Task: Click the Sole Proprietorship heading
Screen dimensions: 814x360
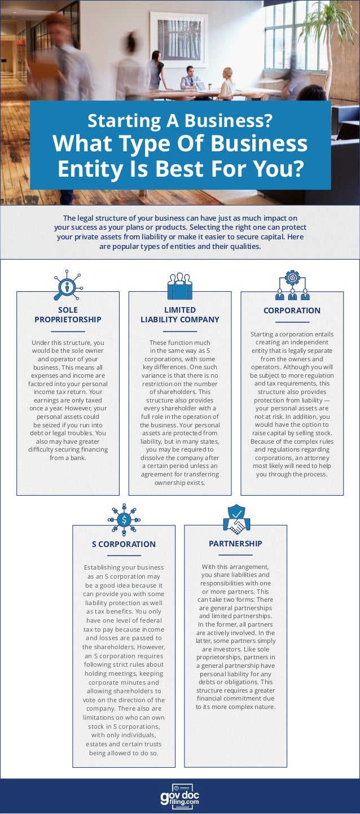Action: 68,314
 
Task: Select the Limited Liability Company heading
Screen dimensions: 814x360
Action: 180,314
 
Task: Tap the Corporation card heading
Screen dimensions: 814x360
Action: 292,310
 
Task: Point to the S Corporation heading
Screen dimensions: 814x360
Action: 124,544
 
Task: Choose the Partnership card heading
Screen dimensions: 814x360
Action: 235,543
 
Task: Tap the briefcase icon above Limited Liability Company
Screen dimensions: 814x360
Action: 180,286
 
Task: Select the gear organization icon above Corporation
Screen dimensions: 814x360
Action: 292,286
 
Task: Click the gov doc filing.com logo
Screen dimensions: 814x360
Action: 180,797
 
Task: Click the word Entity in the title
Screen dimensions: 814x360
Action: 90,168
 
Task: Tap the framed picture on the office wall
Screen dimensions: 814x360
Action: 178,40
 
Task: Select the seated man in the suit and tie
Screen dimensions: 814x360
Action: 190,78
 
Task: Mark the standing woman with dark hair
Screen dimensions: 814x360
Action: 155,70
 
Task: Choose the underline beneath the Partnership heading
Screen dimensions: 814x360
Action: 235,554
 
